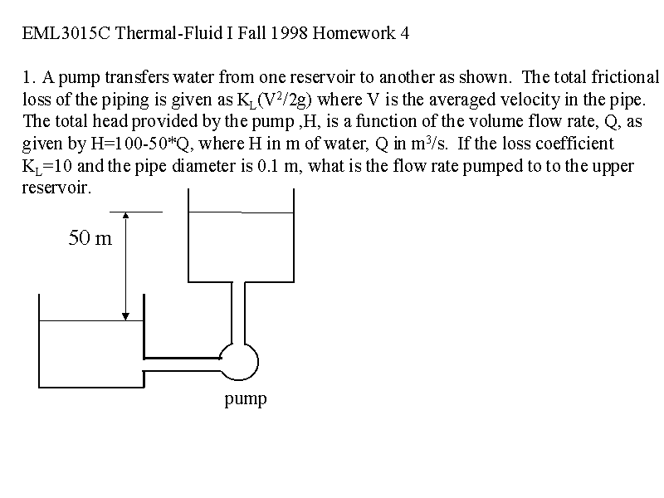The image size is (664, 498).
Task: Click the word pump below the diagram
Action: [246, 399]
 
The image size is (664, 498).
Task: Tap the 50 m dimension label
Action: [90, 237]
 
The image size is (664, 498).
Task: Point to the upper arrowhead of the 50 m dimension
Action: [125, 215]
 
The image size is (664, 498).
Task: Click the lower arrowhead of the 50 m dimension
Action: [125, 316]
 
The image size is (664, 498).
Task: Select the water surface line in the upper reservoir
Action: [241, 212]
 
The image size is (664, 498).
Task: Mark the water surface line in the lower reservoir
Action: [91, 320]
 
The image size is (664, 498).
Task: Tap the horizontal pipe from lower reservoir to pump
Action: [182, 364]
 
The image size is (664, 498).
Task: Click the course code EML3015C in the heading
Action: [66, 33]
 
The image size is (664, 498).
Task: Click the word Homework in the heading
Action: [354, 33]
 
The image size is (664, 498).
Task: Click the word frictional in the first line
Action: [625, 77]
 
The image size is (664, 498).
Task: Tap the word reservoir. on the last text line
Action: [56, 188]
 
